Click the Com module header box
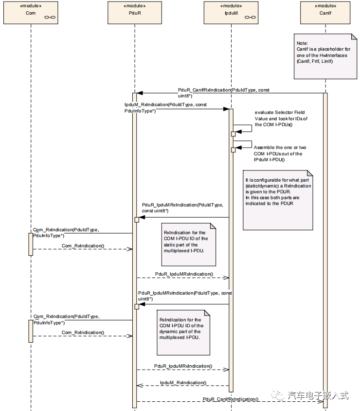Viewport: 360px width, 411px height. point(31,12)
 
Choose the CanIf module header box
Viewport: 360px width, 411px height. point(325,12)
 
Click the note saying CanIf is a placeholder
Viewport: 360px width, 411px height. point(322,56)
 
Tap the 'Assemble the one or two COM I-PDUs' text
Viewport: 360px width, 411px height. point(279,153)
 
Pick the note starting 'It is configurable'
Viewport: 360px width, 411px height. point(278,200)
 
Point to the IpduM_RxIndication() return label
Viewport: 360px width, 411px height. point(183,382)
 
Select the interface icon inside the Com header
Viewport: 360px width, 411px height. point(49,17)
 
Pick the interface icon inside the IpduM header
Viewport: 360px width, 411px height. point(249,17)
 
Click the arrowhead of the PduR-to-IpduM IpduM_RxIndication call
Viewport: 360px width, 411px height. point(226,109)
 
